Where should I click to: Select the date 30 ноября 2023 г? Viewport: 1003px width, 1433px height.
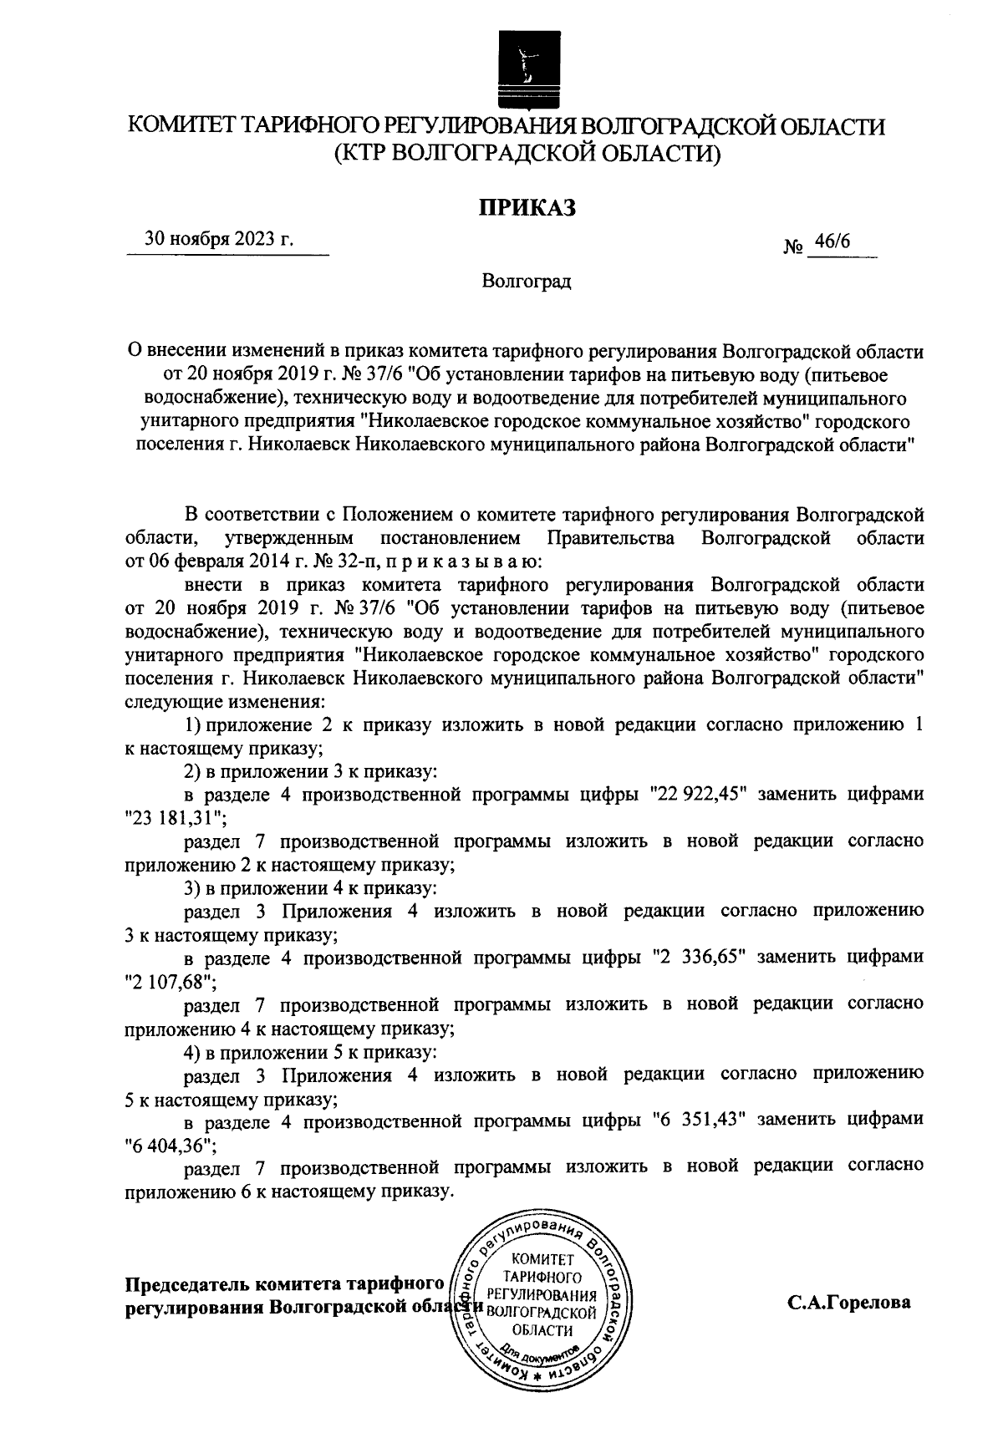pos(219,239)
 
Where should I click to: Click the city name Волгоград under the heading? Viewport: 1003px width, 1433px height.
pos(527,282)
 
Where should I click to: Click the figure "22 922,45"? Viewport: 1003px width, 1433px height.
pos(703,794)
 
